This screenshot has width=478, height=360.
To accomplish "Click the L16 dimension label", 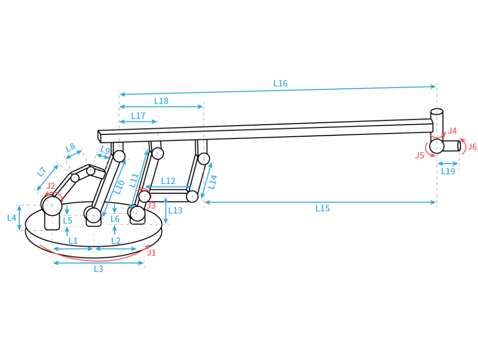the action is coord(280,83).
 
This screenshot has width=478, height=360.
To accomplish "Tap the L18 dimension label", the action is coord(161,101).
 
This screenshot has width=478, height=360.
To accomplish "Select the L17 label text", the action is coord(138,116).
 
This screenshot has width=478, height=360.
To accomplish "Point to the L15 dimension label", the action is coord(323,208).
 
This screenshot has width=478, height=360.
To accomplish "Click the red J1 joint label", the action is coord(151,253).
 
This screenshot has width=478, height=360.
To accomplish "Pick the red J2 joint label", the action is coord(51,186).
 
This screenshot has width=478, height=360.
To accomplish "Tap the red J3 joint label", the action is coord(151,205).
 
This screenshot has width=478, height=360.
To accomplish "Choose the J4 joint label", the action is coord(452,131).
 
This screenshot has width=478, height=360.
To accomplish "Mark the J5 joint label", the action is coord(420,156).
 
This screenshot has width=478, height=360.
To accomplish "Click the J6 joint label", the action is coord(472,147).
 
